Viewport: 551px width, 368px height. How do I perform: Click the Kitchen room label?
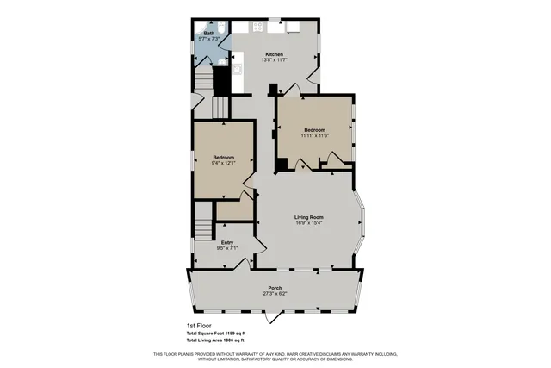point(275,53)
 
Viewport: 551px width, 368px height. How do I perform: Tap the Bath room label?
point(209,34)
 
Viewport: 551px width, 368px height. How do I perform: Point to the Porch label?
point(275,288)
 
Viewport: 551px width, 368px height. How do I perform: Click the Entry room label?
point(227,243)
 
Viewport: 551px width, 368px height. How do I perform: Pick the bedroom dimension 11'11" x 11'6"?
point(314,135)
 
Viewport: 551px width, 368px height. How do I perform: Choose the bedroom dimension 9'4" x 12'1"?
point(223,164)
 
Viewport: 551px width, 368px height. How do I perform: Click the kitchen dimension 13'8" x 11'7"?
point(275,59)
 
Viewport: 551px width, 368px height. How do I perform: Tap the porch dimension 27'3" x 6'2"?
point(275,294)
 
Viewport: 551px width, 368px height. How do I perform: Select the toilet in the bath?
point(220,27)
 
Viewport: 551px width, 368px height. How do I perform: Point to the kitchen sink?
point(257,26)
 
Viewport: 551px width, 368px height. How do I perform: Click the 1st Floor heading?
point(199,326)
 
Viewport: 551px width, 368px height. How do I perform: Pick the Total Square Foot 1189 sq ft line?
point(216,334)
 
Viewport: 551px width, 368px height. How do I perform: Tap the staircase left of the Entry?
point(202,228)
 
